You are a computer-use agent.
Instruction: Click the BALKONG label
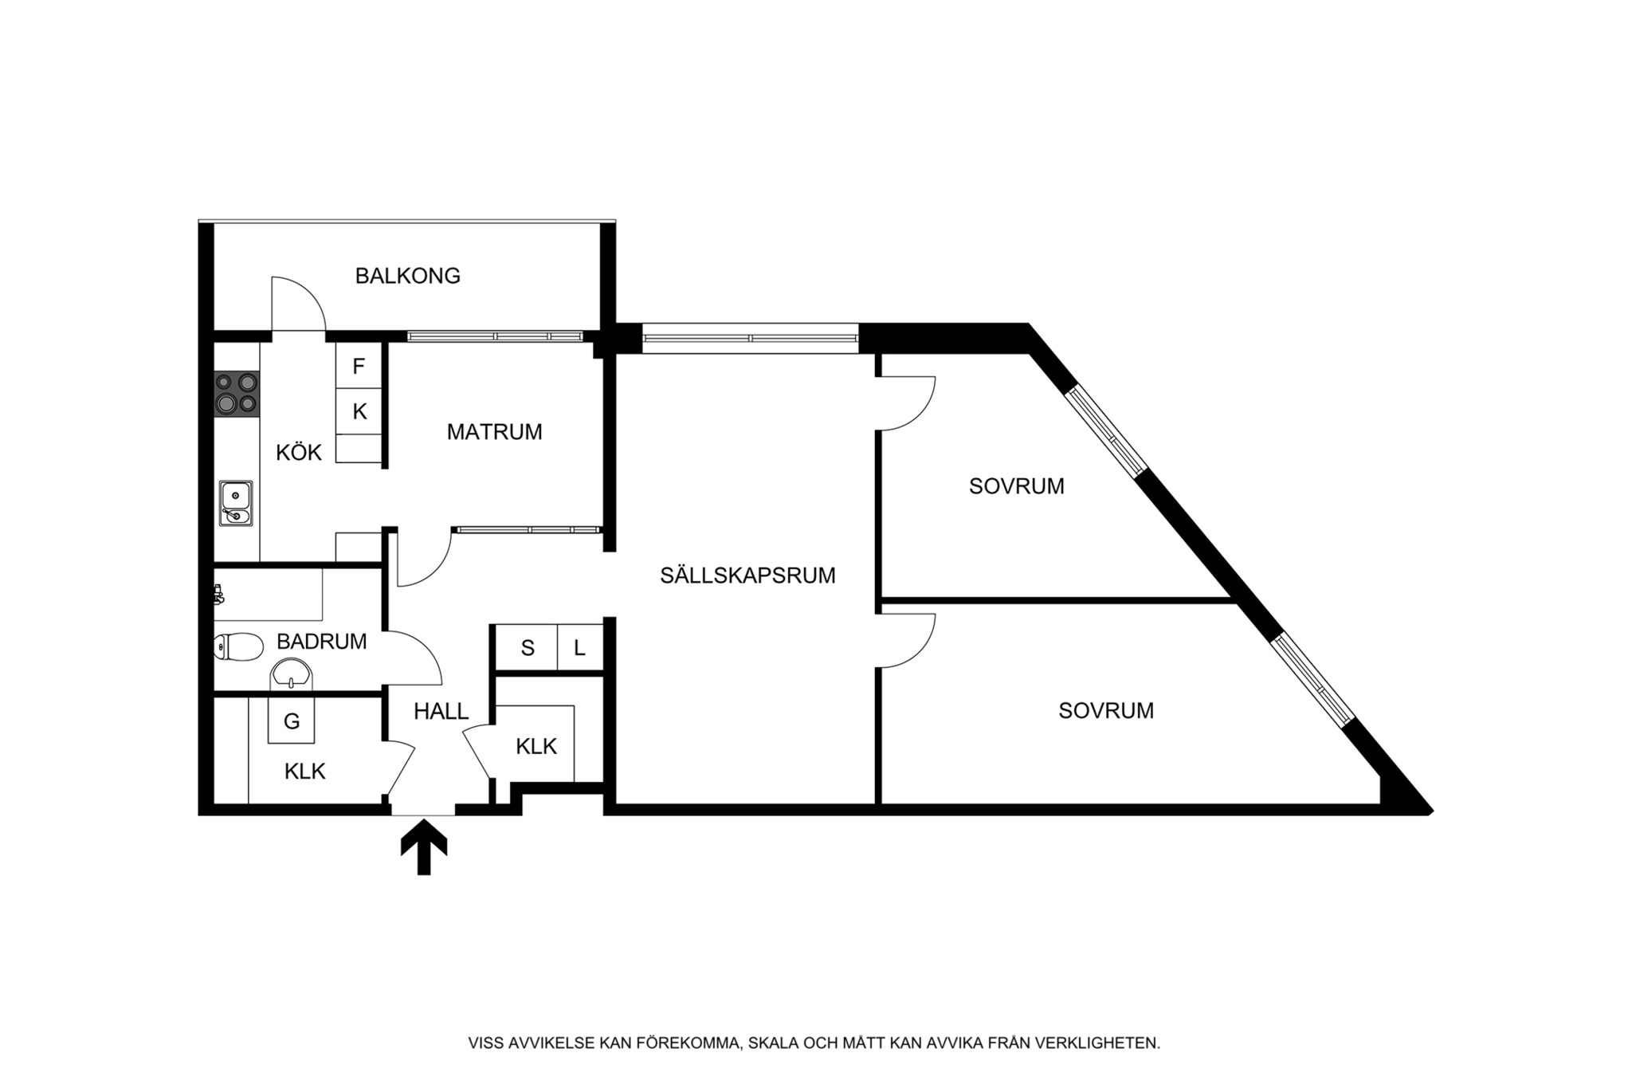[407, 276]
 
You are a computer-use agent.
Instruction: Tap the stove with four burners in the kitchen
[237, 394]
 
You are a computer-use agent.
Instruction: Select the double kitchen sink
[236, 504]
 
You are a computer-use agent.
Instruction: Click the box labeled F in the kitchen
[359, 367]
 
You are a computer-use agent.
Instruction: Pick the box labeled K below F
[359, 412]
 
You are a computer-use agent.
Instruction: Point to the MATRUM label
[494, 432]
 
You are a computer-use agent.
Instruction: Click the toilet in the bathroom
[238, 646]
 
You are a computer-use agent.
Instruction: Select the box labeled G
[292, 721]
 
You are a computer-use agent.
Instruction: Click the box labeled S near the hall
[527, 648]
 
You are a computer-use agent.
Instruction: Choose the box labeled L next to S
[579, 648]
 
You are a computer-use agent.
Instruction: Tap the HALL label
[441, 712]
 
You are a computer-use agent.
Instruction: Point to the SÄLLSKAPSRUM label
[747, 575]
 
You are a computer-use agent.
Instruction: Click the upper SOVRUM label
[1016, 486]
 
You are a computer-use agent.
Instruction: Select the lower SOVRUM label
[1105, 711]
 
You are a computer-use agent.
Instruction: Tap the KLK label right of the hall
[535, 747]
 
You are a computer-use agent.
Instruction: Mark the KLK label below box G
[304, 772]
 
